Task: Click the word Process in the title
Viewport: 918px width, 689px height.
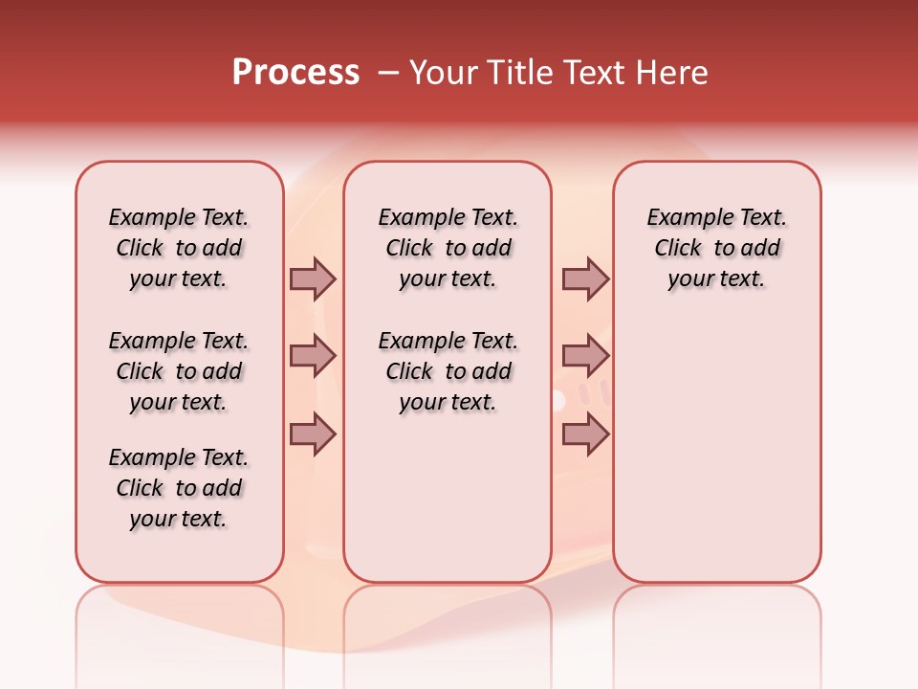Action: [295, 73]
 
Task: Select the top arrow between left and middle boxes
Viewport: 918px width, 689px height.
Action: [313, 278]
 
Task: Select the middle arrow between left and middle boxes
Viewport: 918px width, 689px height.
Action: [313, 357]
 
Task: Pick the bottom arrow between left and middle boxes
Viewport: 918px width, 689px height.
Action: [313, 434]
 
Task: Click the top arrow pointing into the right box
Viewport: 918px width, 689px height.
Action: [585, 278]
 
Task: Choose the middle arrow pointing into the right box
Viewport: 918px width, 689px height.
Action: [585, 357]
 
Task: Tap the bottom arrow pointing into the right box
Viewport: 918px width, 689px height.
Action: [585, 434]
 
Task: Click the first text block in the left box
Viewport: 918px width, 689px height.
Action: [179, 248]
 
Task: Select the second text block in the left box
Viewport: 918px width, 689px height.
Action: [179, 371]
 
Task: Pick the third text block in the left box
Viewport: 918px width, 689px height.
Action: [179, 488]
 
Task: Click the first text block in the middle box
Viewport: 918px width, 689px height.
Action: [448, 248]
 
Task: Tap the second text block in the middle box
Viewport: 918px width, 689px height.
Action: [448, 371]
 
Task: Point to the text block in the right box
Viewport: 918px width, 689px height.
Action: [716, 248]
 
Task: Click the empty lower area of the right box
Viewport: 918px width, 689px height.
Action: [716, 459]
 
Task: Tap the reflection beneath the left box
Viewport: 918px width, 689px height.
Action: [179, 622]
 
